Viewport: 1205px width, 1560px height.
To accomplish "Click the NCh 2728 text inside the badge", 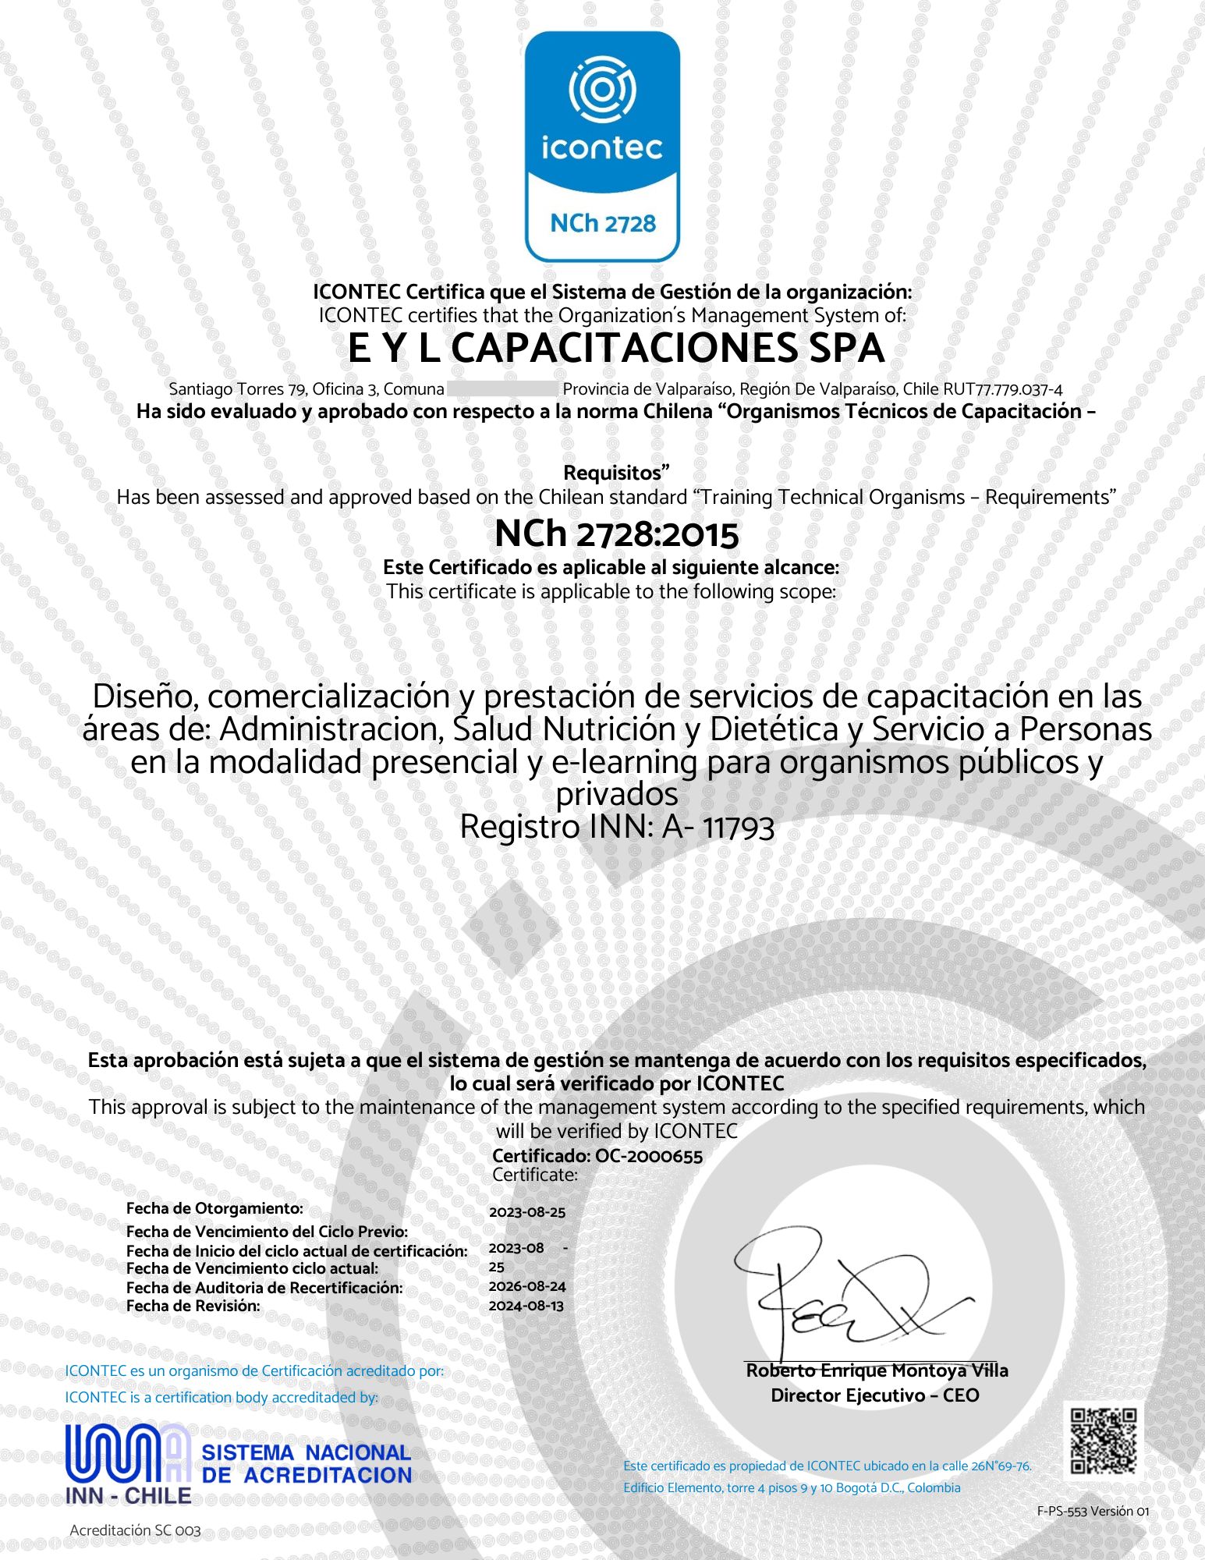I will pos(603,224).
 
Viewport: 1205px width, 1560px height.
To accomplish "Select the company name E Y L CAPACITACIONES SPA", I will pos(616,349).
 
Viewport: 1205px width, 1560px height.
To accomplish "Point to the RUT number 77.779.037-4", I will pos(1019,389).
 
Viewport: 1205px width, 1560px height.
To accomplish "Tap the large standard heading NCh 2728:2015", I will pos(616,534).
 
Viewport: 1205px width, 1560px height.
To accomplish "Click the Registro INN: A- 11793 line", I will pos(616,827).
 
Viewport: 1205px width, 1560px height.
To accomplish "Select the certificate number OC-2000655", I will pos(648,1156).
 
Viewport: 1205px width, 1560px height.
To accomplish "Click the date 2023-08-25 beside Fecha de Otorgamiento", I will pos(526,1212).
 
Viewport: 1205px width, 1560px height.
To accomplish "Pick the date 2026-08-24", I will pos(526,1286).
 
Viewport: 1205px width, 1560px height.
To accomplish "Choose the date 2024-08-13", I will pos(526,1306).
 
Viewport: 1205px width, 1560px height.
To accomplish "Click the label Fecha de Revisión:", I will pos(193,1306).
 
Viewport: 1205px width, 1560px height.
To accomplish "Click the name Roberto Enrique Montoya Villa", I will pos(877,1370).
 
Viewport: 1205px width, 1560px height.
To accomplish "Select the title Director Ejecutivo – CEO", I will pos(874,1395).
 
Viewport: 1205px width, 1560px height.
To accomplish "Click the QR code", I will pos(1103,1440).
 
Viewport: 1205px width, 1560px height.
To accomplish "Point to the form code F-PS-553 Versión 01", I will pos(1093,1511).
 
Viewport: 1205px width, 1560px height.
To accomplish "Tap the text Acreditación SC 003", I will pos(135,1530).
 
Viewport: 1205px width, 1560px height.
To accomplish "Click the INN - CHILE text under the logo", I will pos(128,1495).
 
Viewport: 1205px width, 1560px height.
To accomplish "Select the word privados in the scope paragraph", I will pos(616,795).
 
